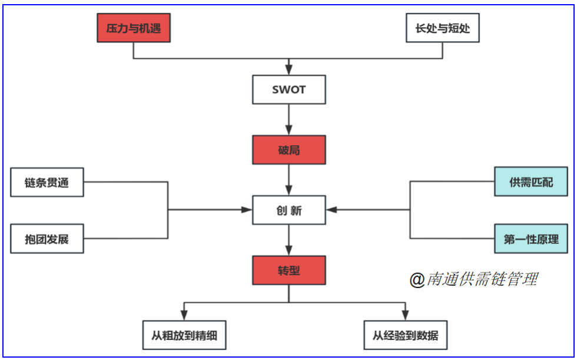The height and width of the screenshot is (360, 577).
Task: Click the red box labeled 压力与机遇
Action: tap(134, 28)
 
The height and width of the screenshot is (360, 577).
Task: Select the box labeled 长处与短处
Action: tap(443, 28)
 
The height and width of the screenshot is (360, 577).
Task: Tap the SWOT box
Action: tap(288, 90)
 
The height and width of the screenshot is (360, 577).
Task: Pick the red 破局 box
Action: tap(288, 150)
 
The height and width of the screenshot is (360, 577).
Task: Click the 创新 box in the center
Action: tap(288, 210)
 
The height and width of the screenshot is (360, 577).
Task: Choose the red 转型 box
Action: tap(288, 270)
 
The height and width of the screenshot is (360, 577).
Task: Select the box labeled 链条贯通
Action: tap(47, 182)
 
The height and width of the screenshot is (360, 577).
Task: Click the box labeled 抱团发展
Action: tap(47, 239)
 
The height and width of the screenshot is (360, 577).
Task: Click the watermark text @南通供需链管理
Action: tap(473, 279)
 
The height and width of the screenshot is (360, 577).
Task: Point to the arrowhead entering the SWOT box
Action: tap(288, 70)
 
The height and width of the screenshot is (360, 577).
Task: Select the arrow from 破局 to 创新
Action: tap(288, 180)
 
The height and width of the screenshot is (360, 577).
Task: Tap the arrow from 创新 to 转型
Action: tap(288, 240)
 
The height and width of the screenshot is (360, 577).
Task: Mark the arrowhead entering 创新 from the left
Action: tap(247, 210)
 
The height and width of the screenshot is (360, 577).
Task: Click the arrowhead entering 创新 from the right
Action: tap(331, 210)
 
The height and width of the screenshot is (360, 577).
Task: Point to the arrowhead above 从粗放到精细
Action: tap(184, 315)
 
